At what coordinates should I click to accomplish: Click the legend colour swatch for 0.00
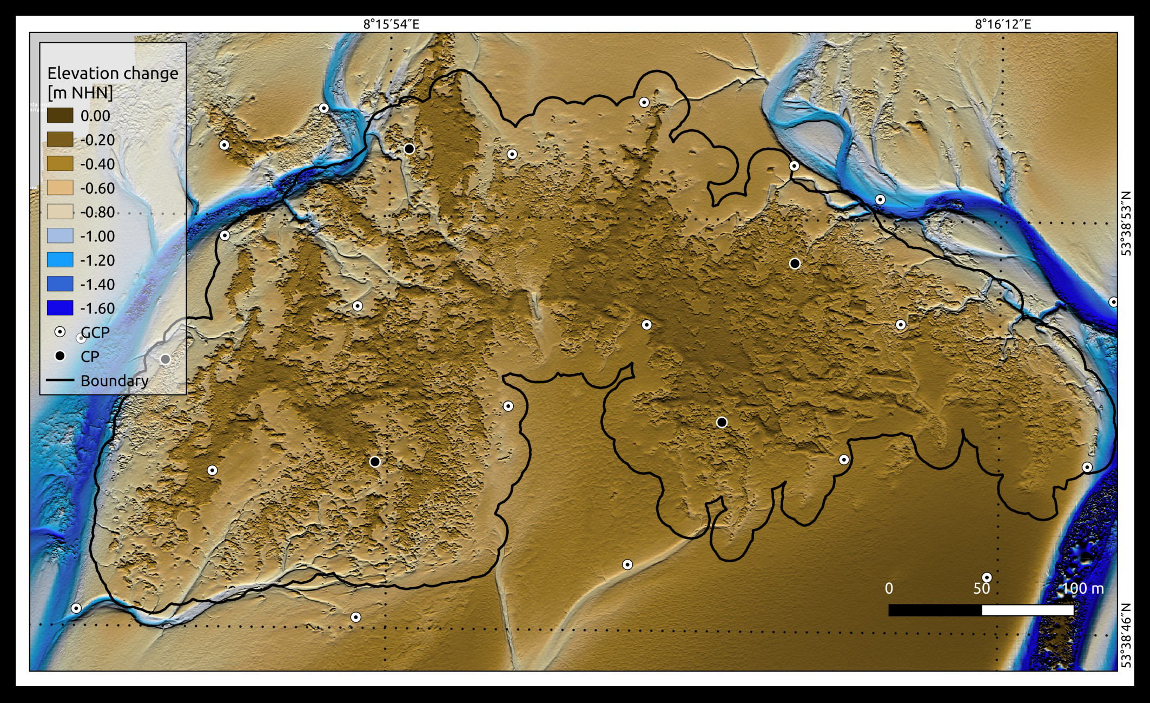pyautogui.click(x=60, y=116)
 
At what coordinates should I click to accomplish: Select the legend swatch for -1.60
pyautogui.click(x=60, y=308)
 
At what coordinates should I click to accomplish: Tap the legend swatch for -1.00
pyautogui.click(x=60, y=236)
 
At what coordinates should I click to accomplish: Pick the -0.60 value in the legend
pyautogui.click(x=97, y=188)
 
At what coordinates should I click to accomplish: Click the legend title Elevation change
pyautogui.click(x=113, y=73)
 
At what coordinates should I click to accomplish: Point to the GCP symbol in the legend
pyautogui.click(x=60, y=332)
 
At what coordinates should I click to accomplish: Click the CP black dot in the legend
pyautogui.click(x=60, y=356)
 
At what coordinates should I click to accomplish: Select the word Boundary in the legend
pyautogui.click(x=114, y=380)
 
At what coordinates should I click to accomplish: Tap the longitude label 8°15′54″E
pyautogui.click(x=391, y=24)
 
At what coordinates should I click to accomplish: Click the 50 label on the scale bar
pyautogui.click(x=981, y=588)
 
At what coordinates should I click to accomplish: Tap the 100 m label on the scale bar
pyautogui.click(x=1083, y=588)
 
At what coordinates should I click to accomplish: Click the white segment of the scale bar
pyautogui.click(x=1027, y=610)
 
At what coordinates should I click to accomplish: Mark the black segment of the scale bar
pyautogui.click(x=935, y=610)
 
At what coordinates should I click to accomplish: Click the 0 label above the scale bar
pyautogui.click(x=889, y=588)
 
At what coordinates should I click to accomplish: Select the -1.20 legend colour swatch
pyautogui.click(x=60, y=260)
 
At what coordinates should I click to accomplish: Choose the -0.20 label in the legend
pyautogui.click(x=97, y=140)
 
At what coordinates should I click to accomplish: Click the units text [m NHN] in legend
pyautogui.click(x=80, y=93)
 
